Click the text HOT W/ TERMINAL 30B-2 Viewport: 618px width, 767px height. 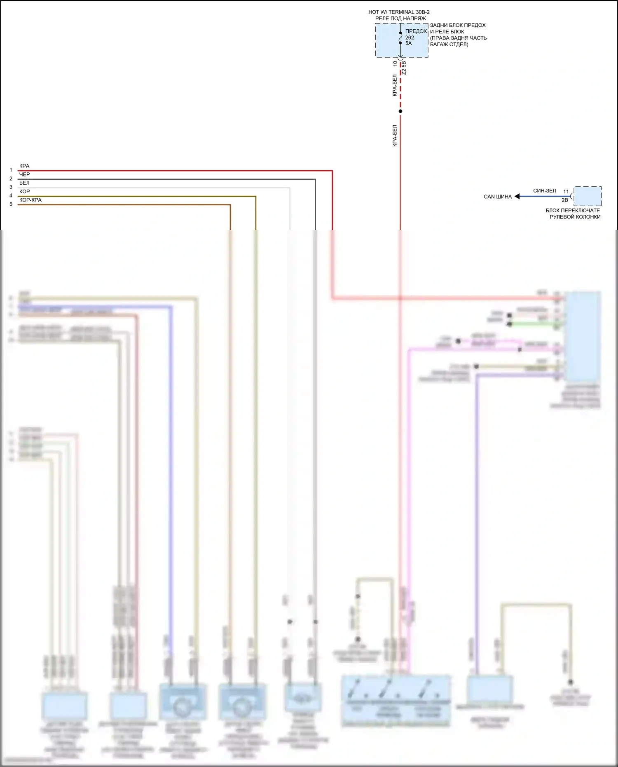coord(399,12)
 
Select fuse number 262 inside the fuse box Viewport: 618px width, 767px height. coord(410,38)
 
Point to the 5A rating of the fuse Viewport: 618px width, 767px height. coord(408,43)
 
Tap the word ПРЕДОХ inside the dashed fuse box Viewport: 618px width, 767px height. coord(416,31)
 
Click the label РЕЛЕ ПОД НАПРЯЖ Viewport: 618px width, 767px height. coord(400,19)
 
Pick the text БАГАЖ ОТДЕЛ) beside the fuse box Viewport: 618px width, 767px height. coord(449,45)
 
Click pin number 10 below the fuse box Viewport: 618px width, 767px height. coord(395,63)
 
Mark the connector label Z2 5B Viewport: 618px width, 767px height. coord(404,68)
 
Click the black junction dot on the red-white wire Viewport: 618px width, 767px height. coord(400,111)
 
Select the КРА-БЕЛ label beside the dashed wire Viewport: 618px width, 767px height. coord(395,85)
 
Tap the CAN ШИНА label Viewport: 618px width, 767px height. coord(498,197)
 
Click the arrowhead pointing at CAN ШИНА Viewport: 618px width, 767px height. coord(517,197)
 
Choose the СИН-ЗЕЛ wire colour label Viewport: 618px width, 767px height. coord(544,191)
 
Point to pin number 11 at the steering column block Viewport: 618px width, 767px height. coord(566,192)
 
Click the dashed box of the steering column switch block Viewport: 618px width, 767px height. coord(588,196)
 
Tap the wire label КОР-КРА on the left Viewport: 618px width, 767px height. coord(30,200)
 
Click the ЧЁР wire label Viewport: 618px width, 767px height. coord(24,174)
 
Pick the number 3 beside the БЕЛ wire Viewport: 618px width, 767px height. coord(11,187)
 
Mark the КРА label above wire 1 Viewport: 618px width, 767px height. coord(24,166)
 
